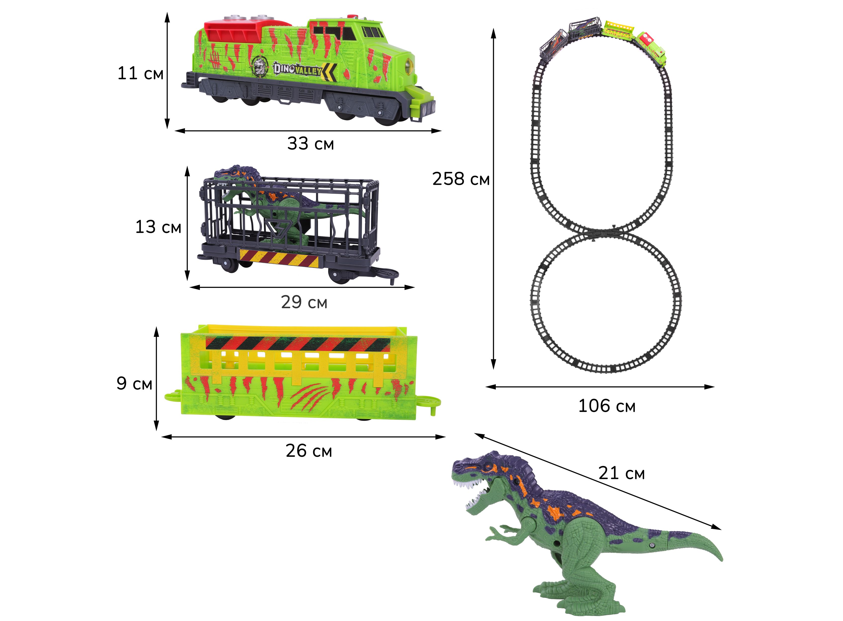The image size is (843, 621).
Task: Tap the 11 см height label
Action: (x=140, y=73)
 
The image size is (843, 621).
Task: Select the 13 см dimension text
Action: (x=158, y=227)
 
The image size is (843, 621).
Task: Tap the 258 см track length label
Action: (x=461, y=179)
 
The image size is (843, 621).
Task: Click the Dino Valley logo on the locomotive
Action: (x=297, y=69)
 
